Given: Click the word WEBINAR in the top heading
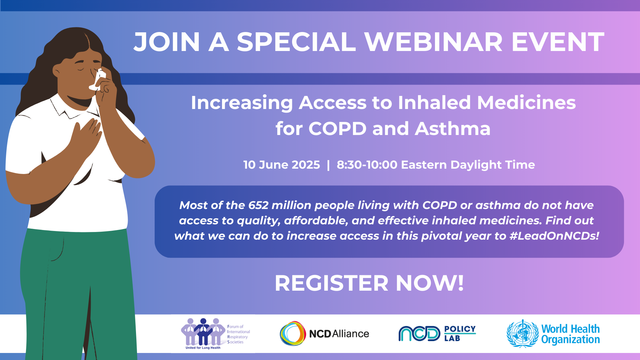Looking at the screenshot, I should click(x=433, y=42).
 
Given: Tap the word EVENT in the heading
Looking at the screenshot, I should click(x=558, y=42).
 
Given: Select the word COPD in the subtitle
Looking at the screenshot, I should click(x=337, y=129).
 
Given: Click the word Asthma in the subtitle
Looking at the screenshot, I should click(x=453, y=129).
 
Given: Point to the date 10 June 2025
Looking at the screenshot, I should click(x=281, y=165).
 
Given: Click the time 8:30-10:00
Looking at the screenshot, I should click(x=367, y=165).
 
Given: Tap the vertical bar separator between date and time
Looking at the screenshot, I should click(x=328, y=165).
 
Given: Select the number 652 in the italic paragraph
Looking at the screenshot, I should click(x=258, y=205).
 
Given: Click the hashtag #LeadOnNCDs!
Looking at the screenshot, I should click(x=554, y=236).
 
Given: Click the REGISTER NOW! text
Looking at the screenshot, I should click(x=369, y=283).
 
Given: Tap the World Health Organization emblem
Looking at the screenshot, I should click(x=522, y=334).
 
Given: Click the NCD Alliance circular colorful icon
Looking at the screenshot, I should click(x=293, y=333).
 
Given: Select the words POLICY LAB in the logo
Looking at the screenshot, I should click(x=459, y=333).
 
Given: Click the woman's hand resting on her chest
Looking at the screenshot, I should click(x=87, y=133).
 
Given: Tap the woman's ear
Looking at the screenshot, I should click(x=56, y=71).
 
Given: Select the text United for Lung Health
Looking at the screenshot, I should click(x=203, y=348).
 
